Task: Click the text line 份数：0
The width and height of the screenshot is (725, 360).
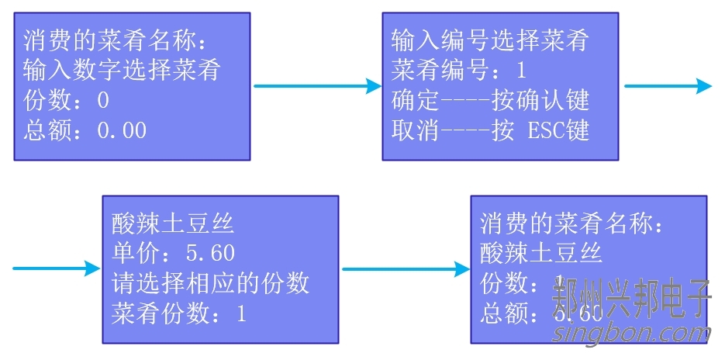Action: tap(67, 101)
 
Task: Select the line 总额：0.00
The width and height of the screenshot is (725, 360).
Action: tap(85, 130)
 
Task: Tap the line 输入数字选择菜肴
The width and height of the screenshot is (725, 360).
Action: tap(123, 71)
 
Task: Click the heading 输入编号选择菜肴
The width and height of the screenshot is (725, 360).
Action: tap(489, 41)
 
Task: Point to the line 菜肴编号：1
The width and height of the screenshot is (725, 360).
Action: tap(459, 71)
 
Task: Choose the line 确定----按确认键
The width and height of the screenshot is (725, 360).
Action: tap(490, 100)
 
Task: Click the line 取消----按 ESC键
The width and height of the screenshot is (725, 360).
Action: tap(490, 130)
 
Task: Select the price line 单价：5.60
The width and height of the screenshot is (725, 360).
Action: tap(173, 254)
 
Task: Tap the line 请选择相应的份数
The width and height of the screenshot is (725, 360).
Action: tap(210, 283)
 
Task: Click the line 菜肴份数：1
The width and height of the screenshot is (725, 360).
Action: tap(179, 313)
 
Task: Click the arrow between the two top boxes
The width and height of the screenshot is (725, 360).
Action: tap(317, 86)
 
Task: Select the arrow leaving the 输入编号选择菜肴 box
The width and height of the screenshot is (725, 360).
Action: tap(668, 86)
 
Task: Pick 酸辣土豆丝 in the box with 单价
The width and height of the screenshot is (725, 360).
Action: tap(173, 225)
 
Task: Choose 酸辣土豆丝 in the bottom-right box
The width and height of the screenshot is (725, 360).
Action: tap(541, 253)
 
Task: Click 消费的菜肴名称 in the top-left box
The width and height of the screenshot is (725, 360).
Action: tap(116, 41)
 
